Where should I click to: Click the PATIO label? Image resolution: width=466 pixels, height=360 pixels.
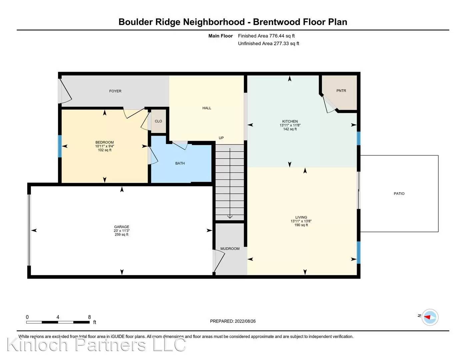pos(399,194)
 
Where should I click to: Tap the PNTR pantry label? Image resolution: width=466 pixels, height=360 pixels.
pos(341,91)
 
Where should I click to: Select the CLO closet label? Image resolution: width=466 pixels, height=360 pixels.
pos(158,121)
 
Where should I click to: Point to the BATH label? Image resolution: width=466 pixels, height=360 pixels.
pos(180,163)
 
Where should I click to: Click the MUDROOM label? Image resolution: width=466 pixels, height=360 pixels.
pos(230,249)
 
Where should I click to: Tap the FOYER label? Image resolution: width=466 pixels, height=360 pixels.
pos(115,91)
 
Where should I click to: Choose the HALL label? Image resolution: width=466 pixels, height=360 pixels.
pos(207,108)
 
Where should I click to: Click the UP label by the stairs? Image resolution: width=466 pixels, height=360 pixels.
pos(221,138)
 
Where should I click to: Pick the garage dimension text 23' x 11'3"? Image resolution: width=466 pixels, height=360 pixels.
pos(122,231)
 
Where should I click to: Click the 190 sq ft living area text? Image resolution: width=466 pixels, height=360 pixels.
pos(301,225)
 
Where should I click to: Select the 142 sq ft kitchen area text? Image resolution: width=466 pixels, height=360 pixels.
pos(290,129)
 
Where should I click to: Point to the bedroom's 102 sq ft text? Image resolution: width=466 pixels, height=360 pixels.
pos(105,150)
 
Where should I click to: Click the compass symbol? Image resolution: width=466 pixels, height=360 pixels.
pos(430,317)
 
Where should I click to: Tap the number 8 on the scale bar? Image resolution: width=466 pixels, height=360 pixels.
pos(89,317)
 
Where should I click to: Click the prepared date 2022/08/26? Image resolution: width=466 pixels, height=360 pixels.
pos(245,321)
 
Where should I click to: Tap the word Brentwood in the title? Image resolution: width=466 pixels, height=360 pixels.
pos(276,22)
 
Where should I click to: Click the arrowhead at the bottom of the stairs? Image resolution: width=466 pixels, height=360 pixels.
pos(230,217)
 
